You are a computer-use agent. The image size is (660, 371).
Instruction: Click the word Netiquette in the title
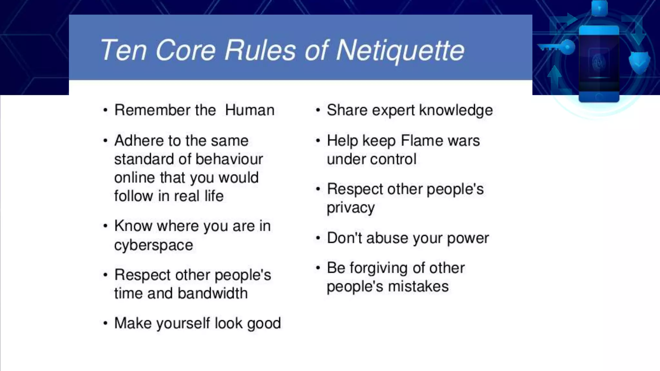[400, 51]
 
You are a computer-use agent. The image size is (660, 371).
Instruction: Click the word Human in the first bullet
[249, 110]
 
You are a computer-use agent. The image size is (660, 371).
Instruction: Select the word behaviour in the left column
[229, 159]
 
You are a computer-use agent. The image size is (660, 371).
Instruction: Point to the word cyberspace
[153, 245]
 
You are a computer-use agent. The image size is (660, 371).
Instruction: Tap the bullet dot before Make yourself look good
[105, 323]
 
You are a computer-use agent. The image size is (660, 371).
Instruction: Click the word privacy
[351, 208]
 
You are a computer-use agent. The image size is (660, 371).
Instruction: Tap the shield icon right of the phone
[639, 62]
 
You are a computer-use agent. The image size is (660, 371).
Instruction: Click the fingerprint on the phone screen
[599, 62]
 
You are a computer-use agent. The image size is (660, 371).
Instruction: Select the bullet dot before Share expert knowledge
[318, 110]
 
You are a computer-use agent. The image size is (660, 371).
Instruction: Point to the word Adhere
[139, 141]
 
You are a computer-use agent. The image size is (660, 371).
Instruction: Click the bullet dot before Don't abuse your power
[318, 238]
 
